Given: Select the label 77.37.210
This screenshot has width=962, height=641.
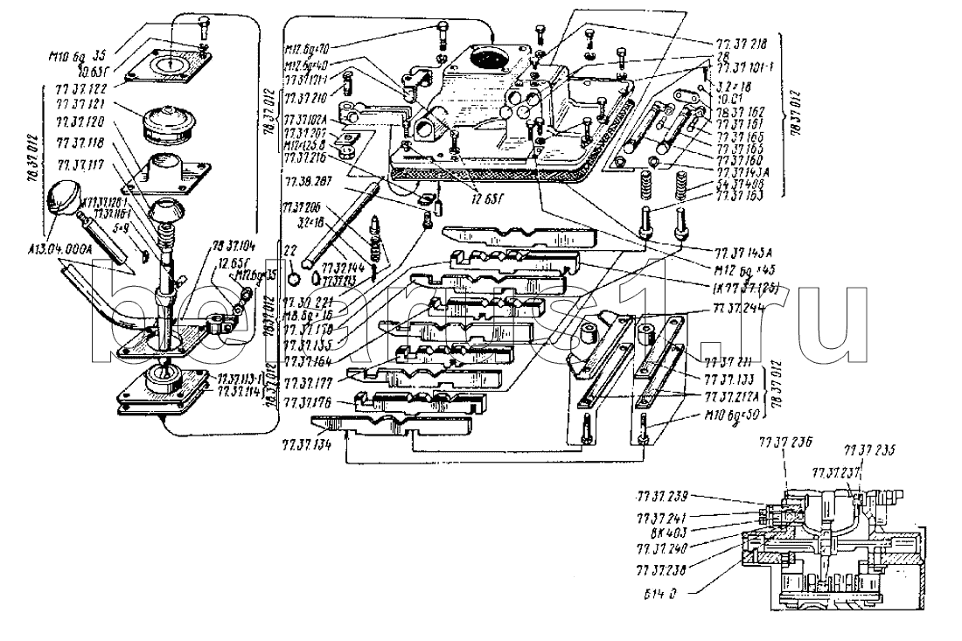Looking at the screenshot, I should coord(305,96).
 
